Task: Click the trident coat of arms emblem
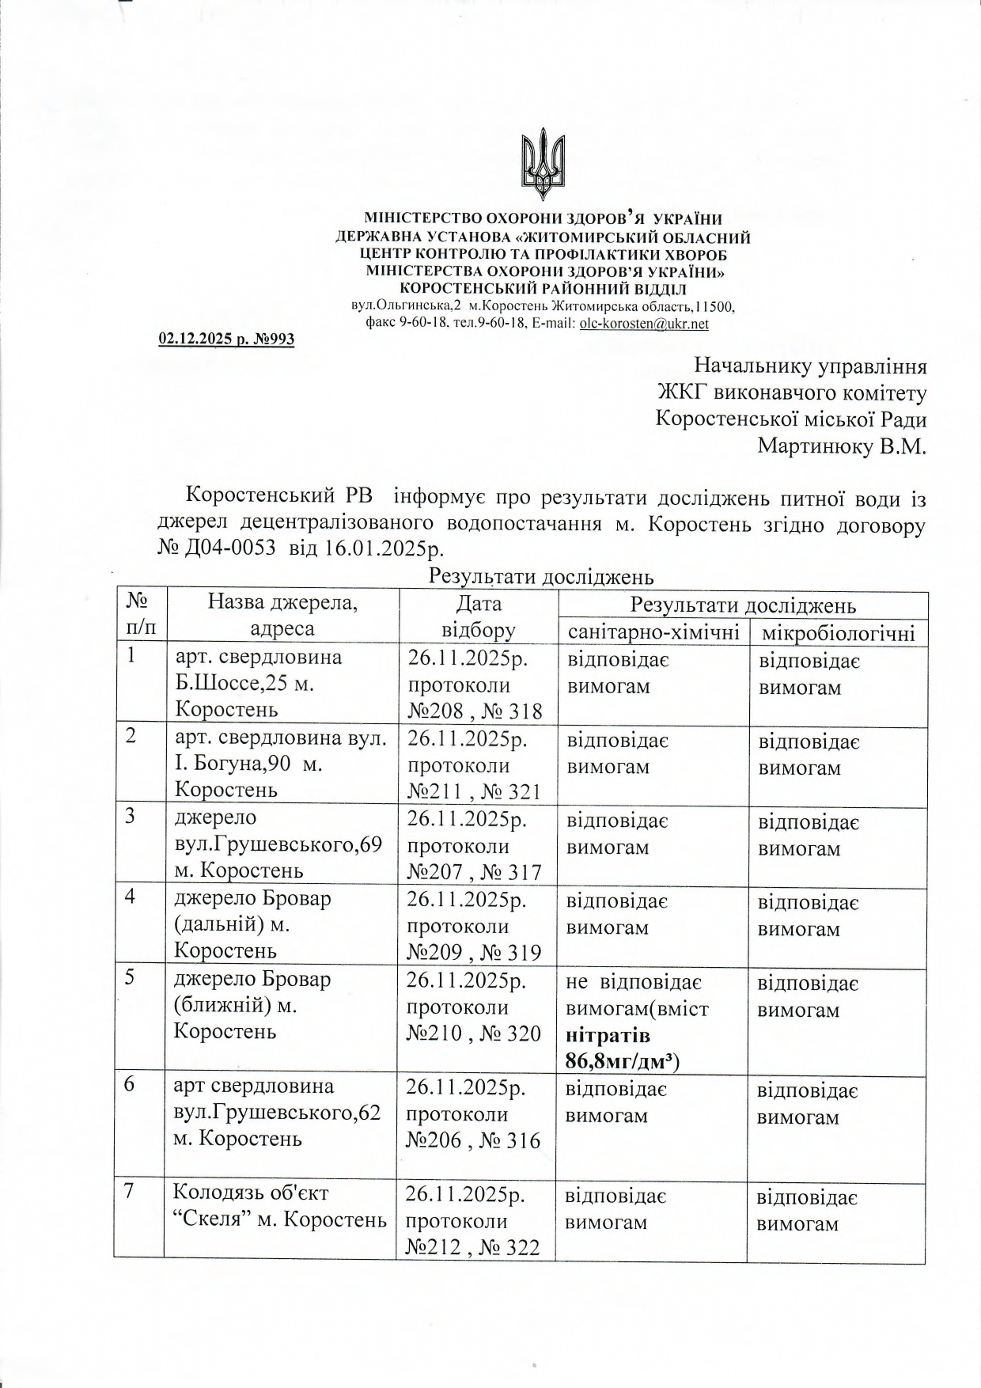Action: pyautogui.click(x=544, y=166)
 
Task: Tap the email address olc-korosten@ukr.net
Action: pyautogui.click(x=644, y=324)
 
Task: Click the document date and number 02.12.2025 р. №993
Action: pyautogui.click(x=226, y=339)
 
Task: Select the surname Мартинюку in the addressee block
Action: pyautogui.click(x=815, y=446)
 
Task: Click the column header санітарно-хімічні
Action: pyautogui.click(x=653, y=632)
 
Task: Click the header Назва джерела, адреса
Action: pyautogui.click(x=282, y=616)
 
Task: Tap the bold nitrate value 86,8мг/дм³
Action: pyautogui.click(x=623, y=1060)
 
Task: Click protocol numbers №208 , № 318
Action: pyautogui.click(x=475, y=711)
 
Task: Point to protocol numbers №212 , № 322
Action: pyautogui.click(x=472, y=1248)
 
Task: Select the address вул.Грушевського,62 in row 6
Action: pyautogui.click(x=277, y=1113)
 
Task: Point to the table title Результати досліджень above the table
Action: pyautogui.click(x=541, y=576)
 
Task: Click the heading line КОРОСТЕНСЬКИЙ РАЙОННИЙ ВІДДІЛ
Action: pyautogui.click(x=543, y=289)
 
